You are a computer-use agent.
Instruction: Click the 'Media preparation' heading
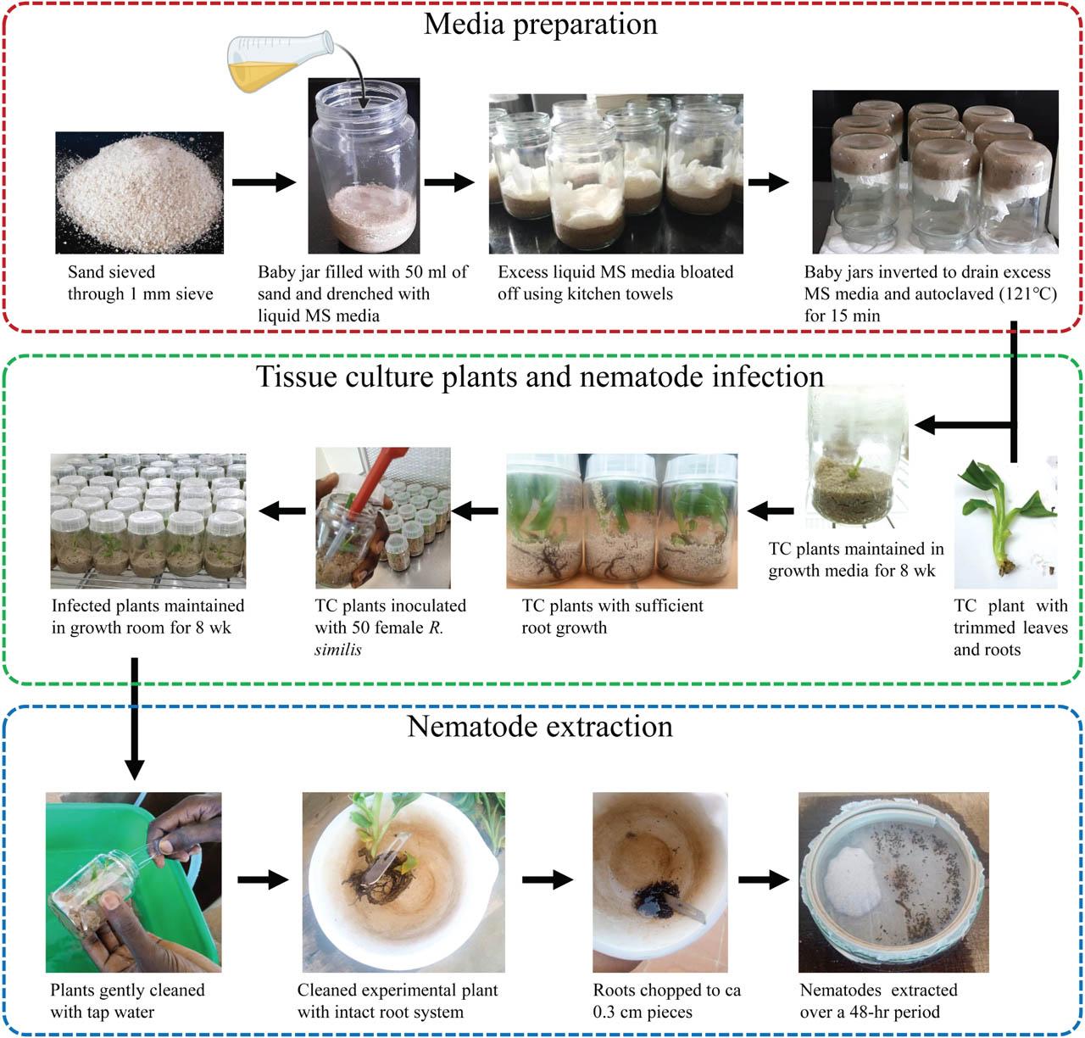(x=540, y=24)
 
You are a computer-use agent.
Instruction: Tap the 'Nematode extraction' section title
(x=540, y=727)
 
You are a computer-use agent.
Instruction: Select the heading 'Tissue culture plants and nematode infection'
(x=540, y=376)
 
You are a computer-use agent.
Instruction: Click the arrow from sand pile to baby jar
(x=263, y=182)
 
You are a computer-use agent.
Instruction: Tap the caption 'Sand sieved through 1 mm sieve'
(x=140, y=283)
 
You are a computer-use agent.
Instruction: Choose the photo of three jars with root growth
(x=621, y=521)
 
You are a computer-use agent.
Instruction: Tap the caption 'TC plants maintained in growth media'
(x=855, y=560)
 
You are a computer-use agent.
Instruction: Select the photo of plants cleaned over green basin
(x=133, y=882)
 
